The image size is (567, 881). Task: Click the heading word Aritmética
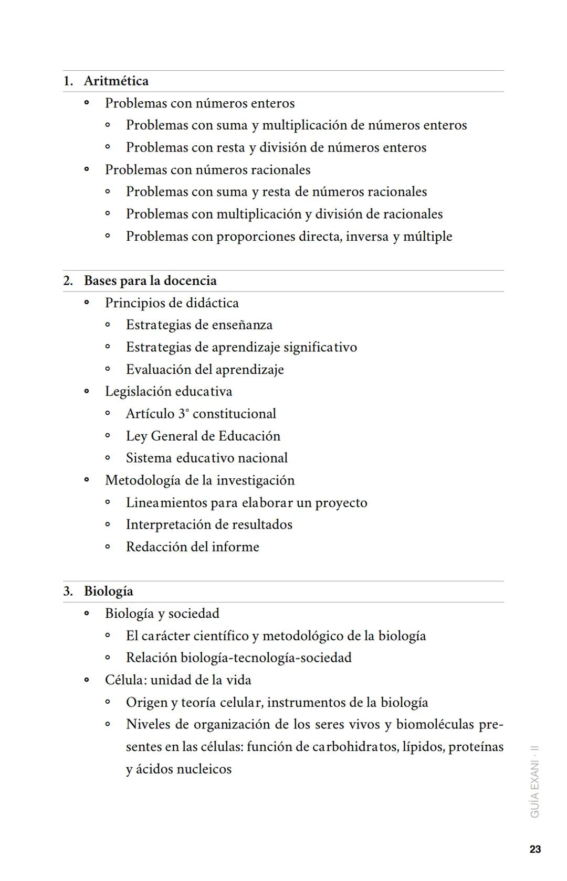click(116, 81)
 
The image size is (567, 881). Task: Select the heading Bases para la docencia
click(150, 281)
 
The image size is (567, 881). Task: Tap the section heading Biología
click(108, 592)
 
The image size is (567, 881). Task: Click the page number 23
click(535, 849)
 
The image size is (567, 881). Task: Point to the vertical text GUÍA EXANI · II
click(535, 781)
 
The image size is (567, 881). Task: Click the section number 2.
click(68, 281)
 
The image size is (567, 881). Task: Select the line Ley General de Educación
click(203, 436)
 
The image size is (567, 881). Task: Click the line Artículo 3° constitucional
click(201, 414)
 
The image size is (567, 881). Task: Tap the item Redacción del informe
click(192, 547)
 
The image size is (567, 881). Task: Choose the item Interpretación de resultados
click(209, 525)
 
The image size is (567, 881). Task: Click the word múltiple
click(427, 237)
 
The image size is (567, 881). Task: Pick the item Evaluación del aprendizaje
click(205, 370)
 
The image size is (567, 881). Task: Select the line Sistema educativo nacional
click(206, 458)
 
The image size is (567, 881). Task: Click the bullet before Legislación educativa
click(87, 392)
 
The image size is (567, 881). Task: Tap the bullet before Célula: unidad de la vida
click(87, 680)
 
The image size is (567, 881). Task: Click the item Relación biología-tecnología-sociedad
click(238, 658)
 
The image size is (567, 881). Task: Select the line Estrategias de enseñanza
click(199, 325)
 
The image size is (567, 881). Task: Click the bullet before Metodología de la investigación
click(87, 480)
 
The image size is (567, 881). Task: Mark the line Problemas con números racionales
click(207, 170)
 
